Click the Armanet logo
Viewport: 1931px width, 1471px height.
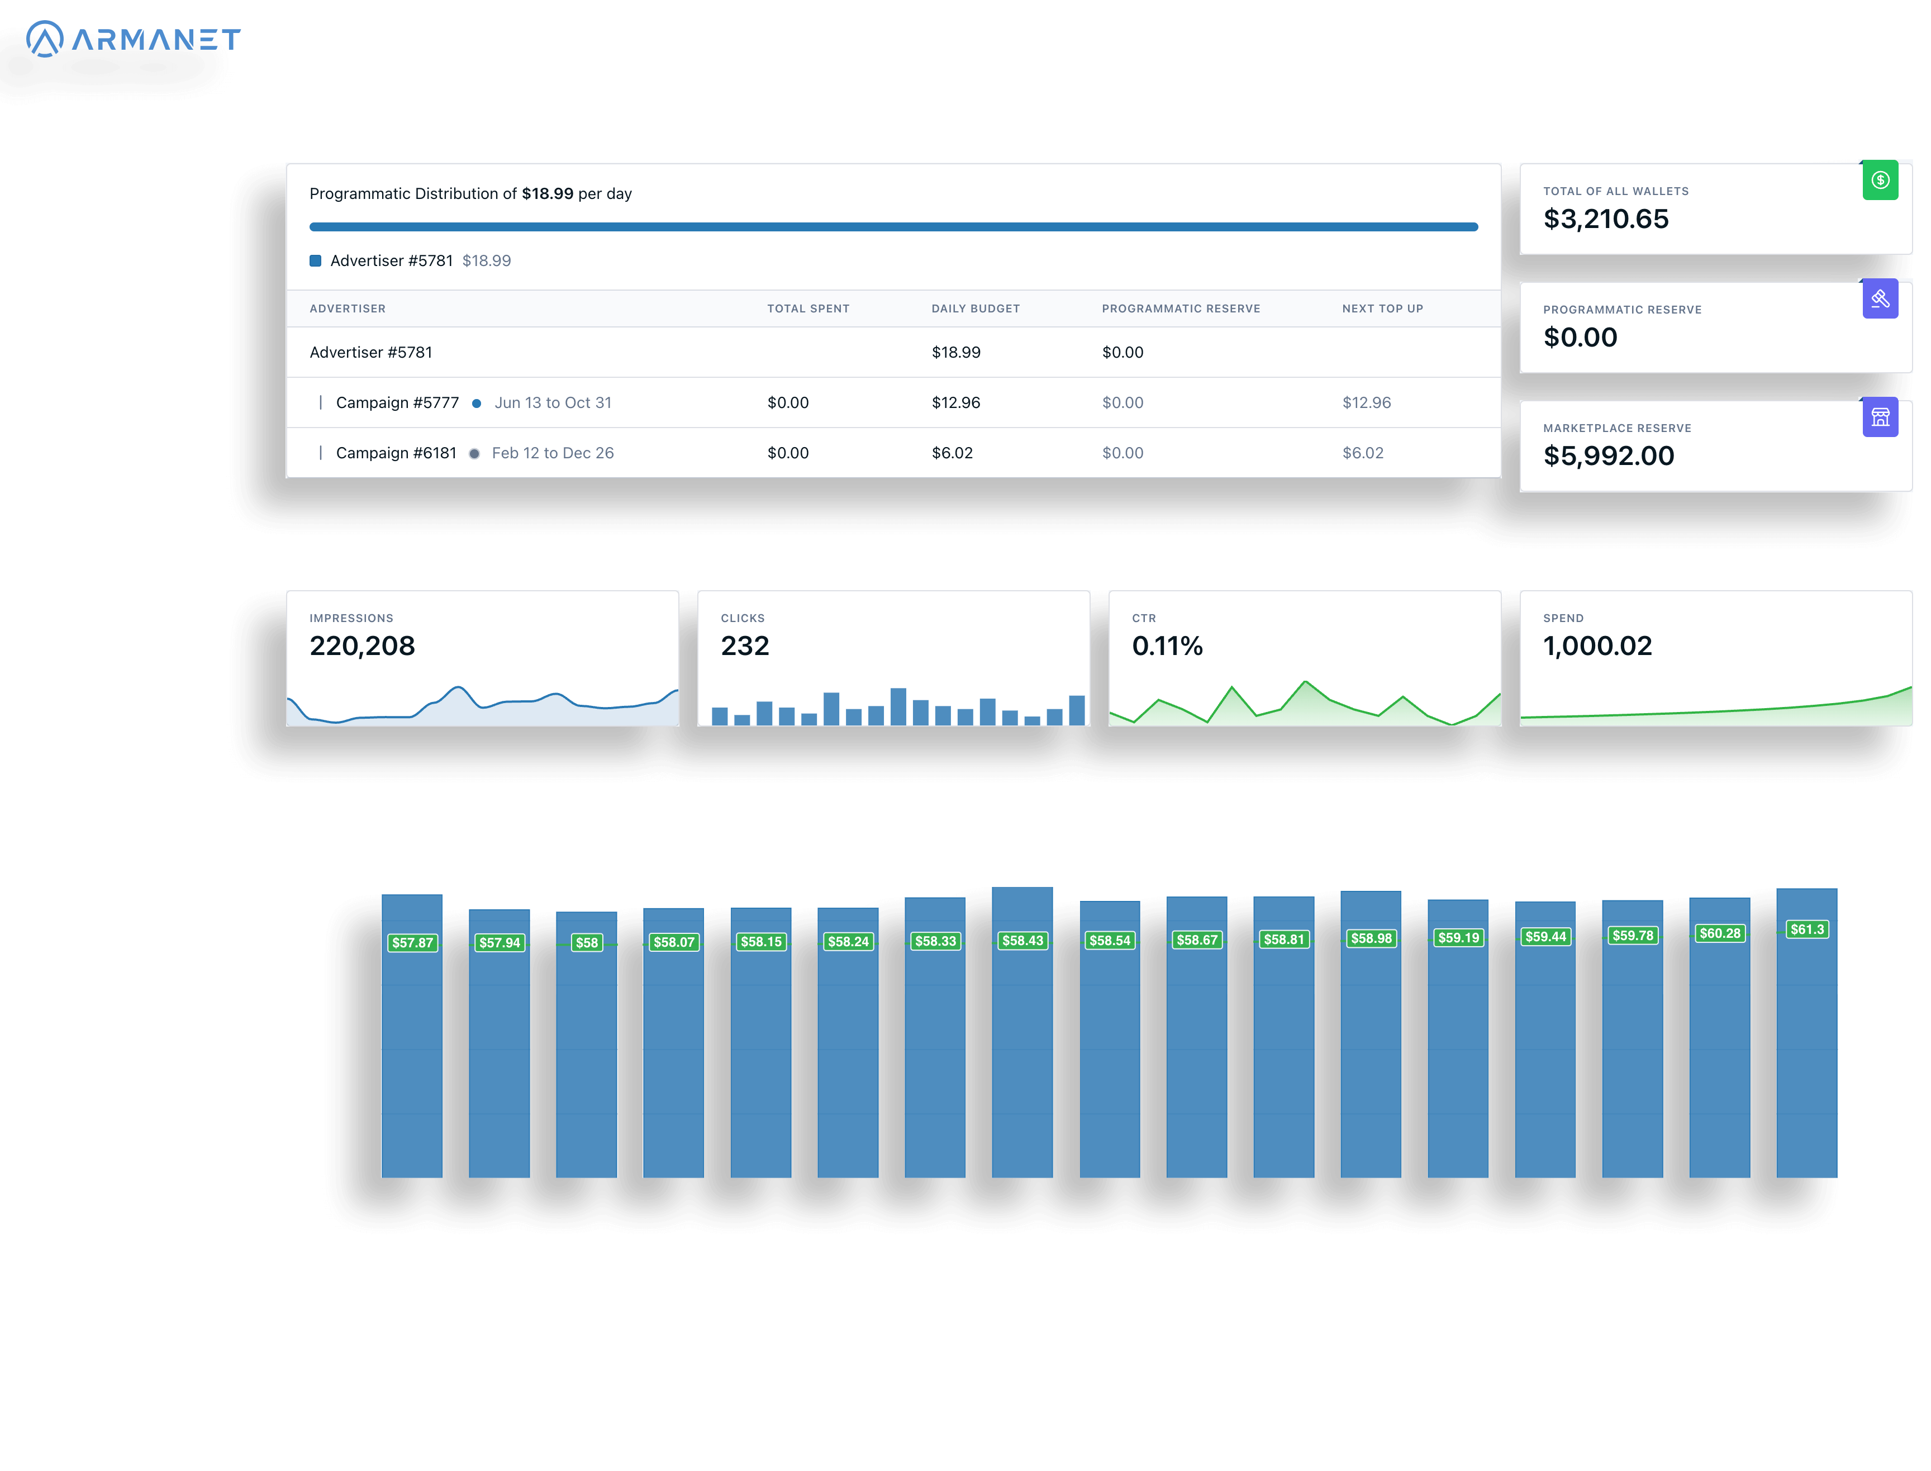(133, 39)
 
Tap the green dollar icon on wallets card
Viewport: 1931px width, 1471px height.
(1880, 181)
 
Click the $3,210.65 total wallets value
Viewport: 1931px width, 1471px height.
(1605, 219)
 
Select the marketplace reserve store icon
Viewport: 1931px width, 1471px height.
(1880, 417)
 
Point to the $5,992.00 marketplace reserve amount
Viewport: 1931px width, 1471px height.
(1608, 456)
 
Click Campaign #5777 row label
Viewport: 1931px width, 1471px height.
(397, 403)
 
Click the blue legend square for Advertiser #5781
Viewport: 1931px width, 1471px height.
(315, 261)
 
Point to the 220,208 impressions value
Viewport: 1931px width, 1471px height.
(362, 646)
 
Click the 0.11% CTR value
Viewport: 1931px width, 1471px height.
(1166, 646)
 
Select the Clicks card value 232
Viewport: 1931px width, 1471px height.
(744, 646)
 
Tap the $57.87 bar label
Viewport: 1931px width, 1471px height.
(412, 943)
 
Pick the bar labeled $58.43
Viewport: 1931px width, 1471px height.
(1021, 1051)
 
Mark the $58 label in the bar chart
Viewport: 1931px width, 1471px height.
(587, 943)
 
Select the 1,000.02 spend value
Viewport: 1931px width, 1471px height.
(1597, 646)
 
